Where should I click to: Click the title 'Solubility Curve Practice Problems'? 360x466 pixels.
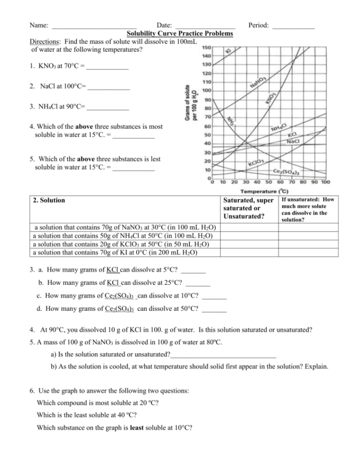tap(179, 34)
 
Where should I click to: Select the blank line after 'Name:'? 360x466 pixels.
tap(94, 25)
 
